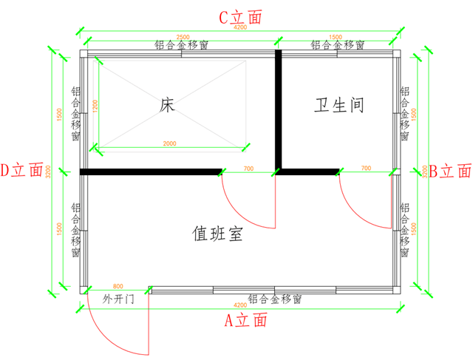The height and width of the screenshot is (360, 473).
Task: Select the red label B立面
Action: [450, 171]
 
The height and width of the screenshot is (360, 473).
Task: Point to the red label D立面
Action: [22, 170]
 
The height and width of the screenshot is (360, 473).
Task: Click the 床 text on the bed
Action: [167, 106]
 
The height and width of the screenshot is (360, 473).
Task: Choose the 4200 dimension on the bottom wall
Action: [239, 305]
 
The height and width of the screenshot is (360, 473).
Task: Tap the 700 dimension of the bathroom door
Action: [366, 169]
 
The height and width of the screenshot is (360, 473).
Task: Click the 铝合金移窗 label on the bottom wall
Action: [275, 299]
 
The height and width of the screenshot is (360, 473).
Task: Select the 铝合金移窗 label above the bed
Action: [181, 45]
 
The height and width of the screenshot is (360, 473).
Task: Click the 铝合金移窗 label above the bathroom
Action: [337, 45]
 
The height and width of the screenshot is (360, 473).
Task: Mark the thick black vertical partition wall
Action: [279, 111]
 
